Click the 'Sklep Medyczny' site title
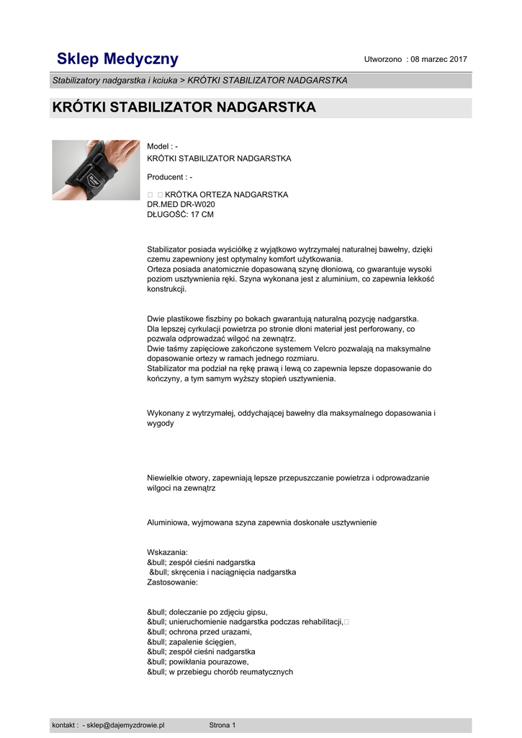tap(117, 59)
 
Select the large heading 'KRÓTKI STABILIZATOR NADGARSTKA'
tap(184, 108)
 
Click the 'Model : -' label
tap(162, 147)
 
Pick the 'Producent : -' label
tap(169, 177)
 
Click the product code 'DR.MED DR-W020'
tap(181, 205)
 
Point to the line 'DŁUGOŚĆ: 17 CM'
tap(180, 215)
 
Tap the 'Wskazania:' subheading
tap(167, 552)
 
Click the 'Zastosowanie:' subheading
tap(172, 582)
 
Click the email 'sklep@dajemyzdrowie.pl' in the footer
tap(125, 725)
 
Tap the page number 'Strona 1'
tap(222, 725)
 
